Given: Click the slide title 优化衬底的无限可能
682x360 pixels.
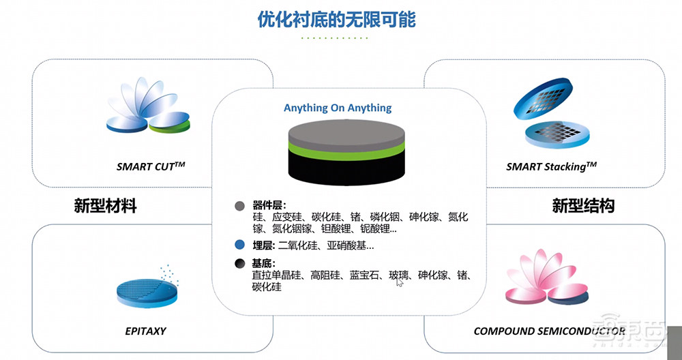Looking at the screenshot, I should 337,19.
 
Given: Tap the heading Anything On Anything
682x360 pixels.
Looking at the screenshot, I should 338,108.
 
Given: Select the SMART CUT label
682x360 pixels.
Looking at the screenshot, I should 151,166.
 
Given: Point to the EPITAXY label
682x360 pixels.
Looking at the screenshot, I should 145,331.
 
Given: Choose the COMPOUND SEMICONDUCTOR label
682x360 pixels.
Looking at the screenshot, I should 549,331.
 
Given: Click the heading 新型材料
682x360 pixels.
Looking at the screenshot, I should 105,206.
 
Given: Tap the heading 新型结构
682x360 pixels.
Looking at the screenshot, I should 583,206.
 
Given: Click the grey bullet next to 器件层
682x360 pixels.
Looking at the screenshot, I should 239,205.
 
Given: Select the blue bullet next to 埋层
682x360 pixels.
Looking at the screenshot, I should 239,245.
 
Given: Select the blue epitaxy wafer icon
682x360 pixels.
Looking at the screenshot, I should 147,290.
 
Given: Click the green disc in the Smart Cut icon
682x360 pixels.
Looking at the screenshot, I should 168,125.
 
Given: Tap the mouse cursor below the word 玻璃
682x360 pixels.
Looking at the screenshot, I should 400,282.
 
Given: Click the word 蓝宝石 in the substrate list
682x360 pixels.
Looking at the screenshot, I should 364,275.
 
